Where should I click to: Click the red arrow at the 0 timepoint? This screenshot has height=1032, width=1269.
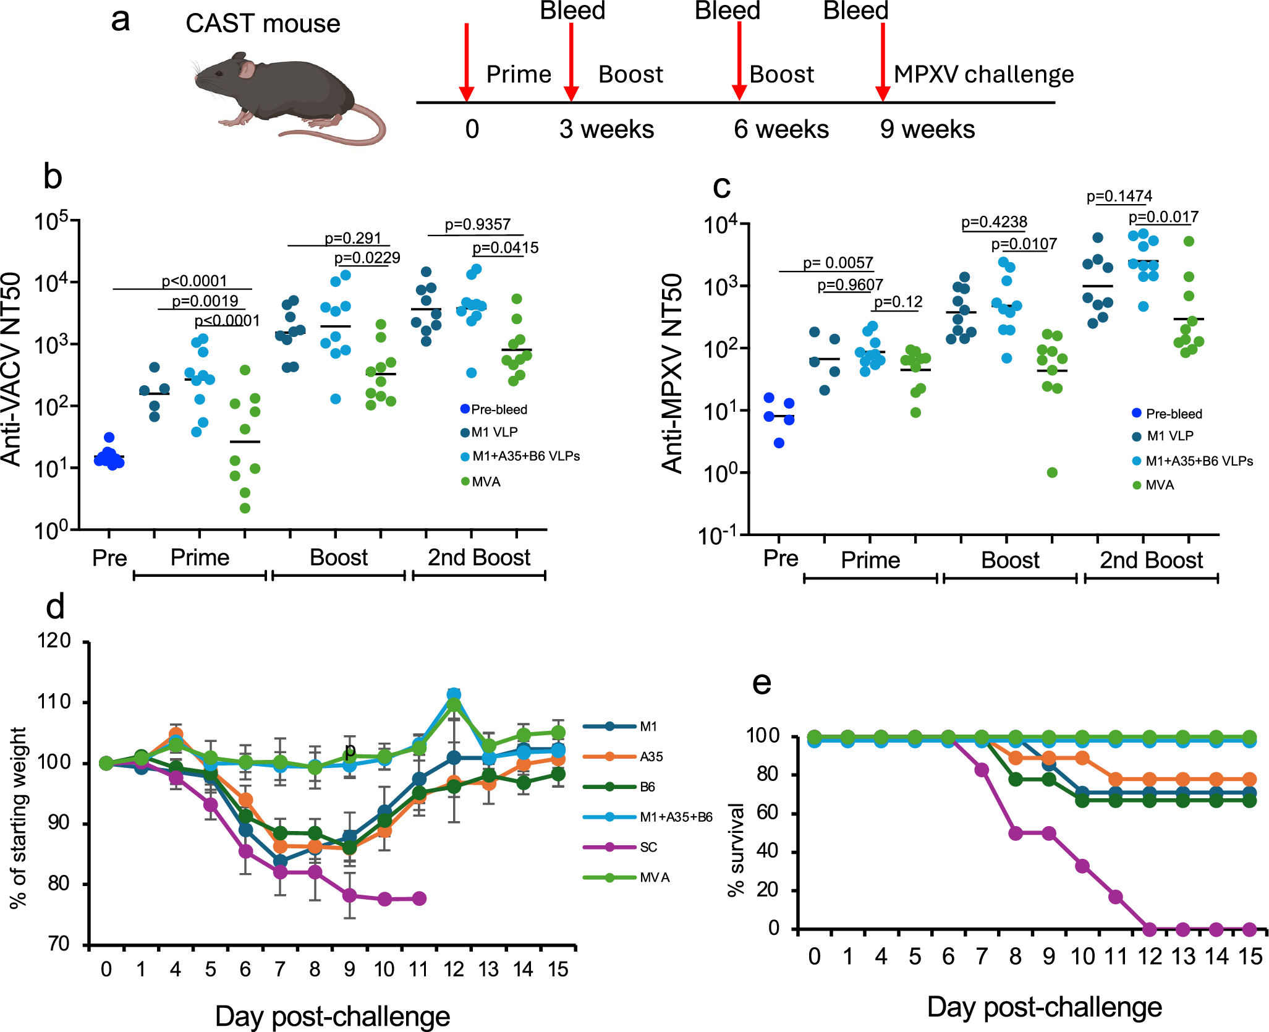(467, 62)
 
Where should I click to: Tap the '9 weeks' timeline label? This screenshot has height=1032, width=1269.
(927, 129)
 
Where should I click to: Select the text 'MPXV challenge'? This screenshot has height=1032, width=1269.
(983, 74)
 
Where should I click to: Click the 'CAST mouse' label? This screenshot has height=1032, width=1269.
(263, 23)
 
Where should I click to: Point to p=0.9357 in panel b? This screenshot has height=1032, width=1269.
(477, 224)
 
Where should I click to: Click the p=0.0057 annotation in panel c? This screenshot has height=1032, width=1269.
(838, 263)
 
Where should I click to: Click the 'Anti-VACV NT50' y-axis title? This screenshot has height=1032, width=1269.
(12, 369)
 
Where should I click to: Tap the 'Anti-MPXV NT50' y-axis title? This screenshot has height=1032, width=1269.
(673, 373)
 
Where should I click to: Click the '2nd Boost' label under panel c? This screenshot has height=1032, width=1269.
(1151, 560)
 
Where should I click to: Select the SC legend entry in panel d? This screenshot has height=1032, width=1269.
(648, 847)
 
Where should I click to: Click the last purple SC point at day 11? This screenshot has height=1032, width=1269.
(419, 898)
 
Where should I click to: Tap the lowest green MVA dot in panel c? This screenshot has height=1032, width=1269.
(1052, 472)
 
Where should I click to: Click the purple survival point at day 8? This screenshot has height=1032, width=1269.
(1015, 833)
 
